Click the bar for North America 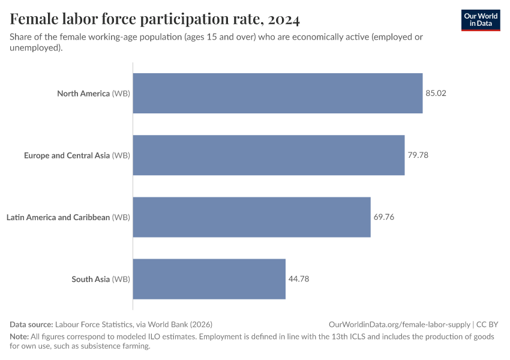click(277, 94)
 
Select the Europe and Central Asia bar click(268, 155)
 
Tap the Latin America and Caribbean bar click(251, 217)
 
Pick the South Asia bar click(209, 279)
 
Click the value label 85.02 click(436, 94)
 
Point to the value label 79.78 click(418, 155)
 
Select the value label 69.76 click(384, 217)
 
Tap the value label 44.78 click(299, 279)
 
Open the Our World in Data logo click(480, 20)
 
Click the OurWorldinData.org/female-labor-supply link click(400, 324)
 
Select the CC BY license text click(488, 324)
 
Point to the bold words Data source click(31, 324)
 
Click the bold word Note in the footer click(20, 337)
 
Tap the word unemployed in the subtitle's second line click(35, 48)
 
